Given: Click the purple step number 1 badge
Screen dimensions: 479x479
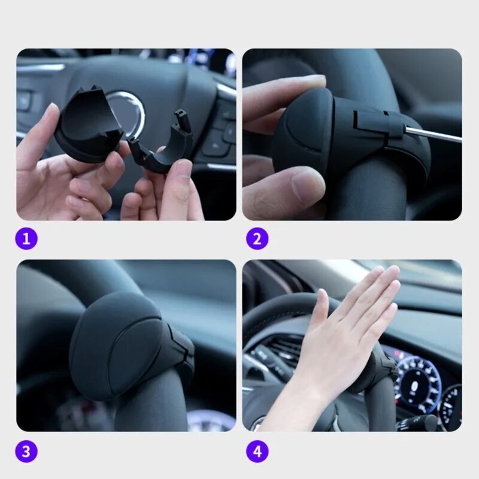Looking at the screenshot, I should click(26, 239).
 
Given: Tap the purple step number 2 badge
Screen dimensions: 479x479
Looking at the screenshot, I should click(257, 239).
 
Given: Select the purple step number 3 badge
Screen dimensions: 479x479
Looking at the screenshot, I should click(26, 451).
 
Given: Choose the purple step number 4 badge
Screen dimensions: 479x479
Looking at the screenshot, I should click(257, 451).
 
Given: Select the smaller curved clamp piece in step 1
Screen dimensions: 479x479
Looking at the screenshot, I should click(162, 147).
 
